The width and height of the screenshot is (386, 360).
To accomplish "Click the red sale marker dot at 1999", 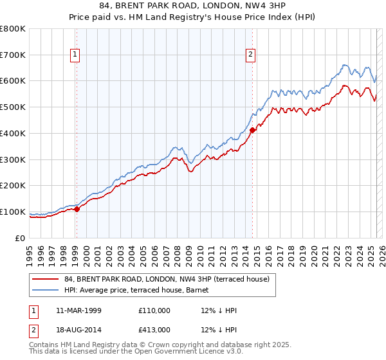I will tap(77, 209).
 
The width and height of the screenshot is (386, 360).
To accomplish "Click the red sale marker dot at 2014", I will tap(252, 130).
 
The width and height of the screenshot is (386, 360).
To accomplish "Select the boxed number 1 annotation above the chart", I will tap(76, 55).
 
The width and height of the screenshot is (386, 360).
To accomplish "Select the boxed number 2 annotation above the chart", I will tap(250, 55).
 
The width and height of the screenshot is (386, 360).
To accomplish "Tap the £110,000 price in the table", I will tap(154, 310).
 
